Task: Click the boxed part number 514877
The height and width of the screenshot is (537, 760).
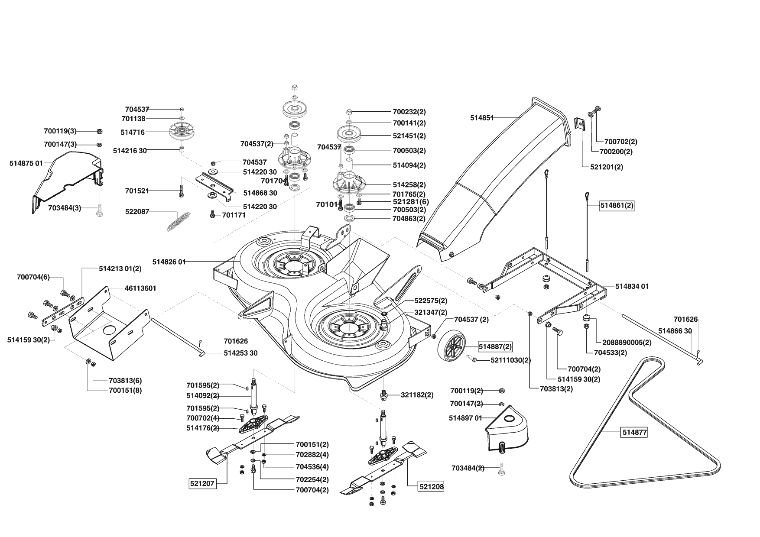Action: coord(634,432)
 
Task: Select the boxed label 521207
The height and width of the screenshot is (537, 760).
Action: coord(202,483)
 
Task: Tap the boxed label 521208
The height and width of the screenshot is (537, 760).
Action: coord(432,487)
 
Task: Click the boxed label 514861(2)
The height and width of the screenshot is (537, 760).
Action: coord(617,206)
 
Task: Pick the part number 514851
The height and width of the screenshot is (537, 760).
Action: coord(482,117)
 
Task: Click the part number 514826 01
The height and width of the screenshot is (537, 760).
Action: coord(169,262)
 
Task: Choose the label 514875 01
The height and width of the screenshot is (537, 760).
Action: coord(26,163)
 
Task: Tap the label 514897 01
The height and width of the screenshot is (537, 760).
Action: coord(465,418)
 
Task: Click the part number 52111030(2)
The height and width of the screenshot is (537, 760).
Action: coord(510,360)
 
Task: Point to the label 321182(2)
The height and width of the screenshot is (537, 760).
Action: coord(417,395)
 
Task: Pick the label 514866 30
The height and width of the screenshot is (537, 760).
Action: coord(675,331)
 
